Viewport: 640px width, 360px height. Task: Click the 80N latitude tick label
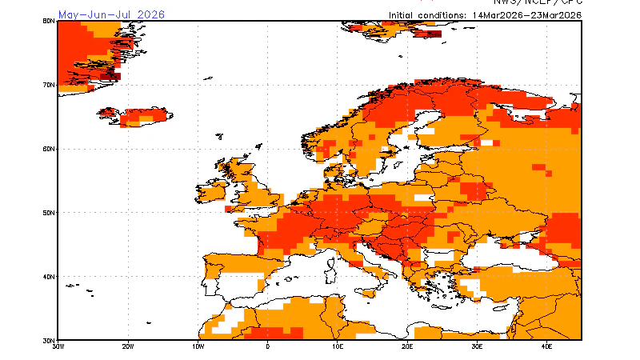click(48, 21)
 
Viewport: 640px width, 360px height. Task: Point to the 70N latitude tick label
click(48, 85)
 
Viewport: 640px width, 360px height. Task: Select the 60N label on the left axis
click(48, 149)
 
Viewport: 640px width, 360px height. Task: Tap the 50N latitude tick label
click(48, 213)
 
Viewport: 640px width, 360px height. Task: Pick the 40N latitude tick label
click(48, 277)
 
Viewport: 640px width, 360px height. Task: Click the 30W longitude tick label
click(58, 346)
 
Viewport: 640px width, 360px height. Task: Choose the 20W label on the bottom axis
click(127, 346)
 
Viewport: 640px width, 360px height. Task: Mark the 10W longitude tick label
click(198, 346)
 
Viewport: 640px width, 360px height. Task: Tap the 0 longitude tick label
click(267, 346)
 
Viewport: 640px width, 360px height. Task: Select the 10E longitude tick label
click(338, 346)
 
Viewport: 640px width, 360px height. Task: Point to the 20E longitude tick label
click(407, 346)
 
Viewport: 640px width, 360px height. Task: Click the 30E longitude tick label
click(478, 346)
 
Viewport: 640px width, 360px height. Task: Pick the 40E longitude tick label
click(547, 346)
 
